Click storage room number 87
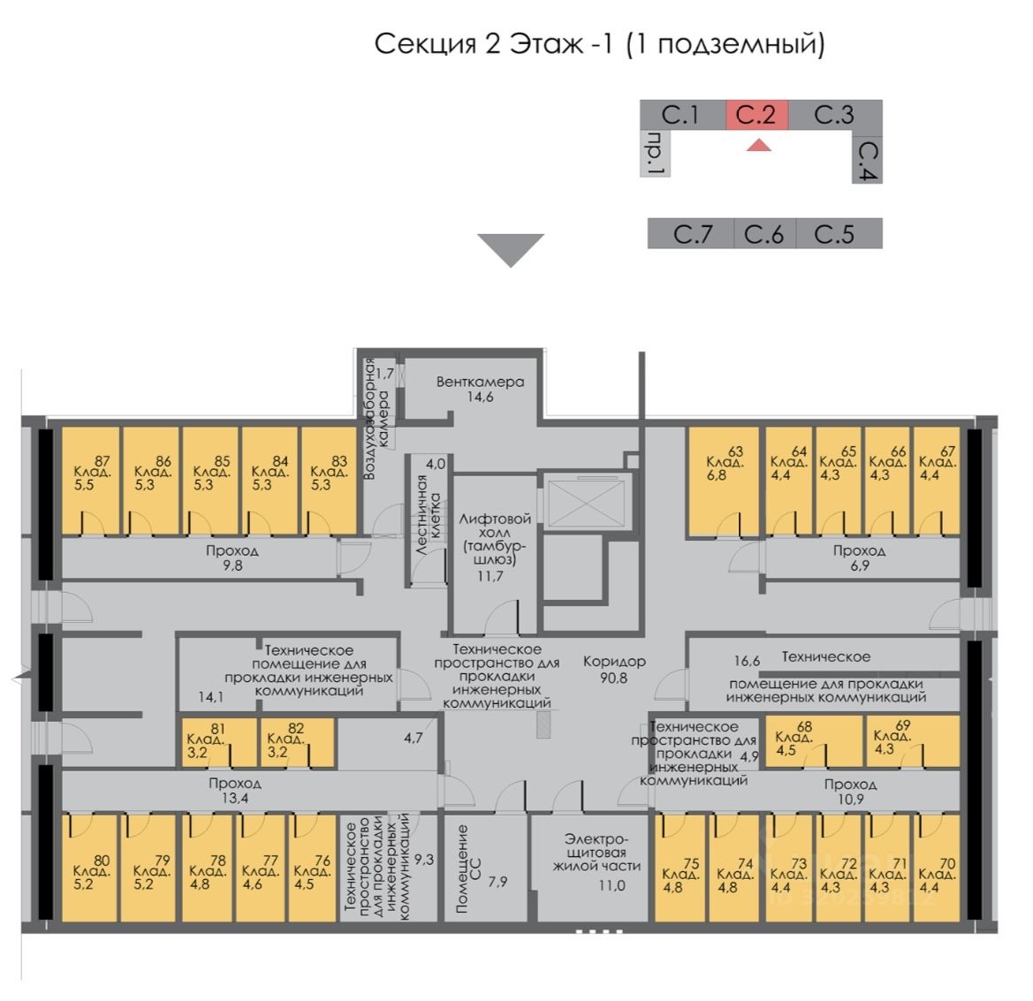(x=90, y=481)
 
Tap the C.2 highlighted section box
(x=756, y=115)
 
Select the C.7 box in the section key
(x=691, y=234)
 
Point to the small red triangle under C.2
(x=758, y=145)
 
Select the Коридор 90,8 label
(x=614, y=669)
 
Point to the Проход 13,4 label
(x=234, y=792)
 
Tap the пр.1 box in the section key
(x=655, y=155)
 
